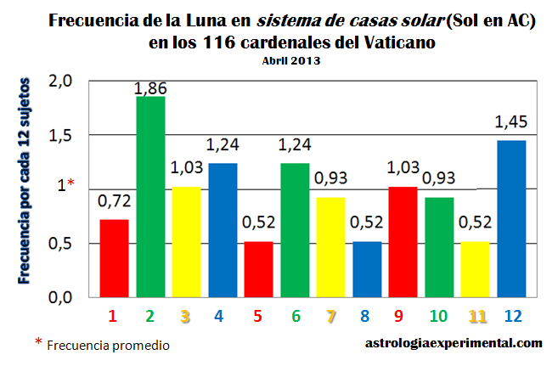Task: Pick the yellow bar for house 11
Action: pos(476,269)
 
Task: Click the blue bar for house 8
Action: pos(367,269)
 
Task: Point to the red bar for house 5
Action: pos(258,269)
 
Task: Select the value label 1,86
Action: pos(150,89)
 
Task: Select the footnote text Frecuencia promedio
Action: pos(108,346)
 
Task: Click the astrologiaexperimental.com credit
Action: pos(453,344)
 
